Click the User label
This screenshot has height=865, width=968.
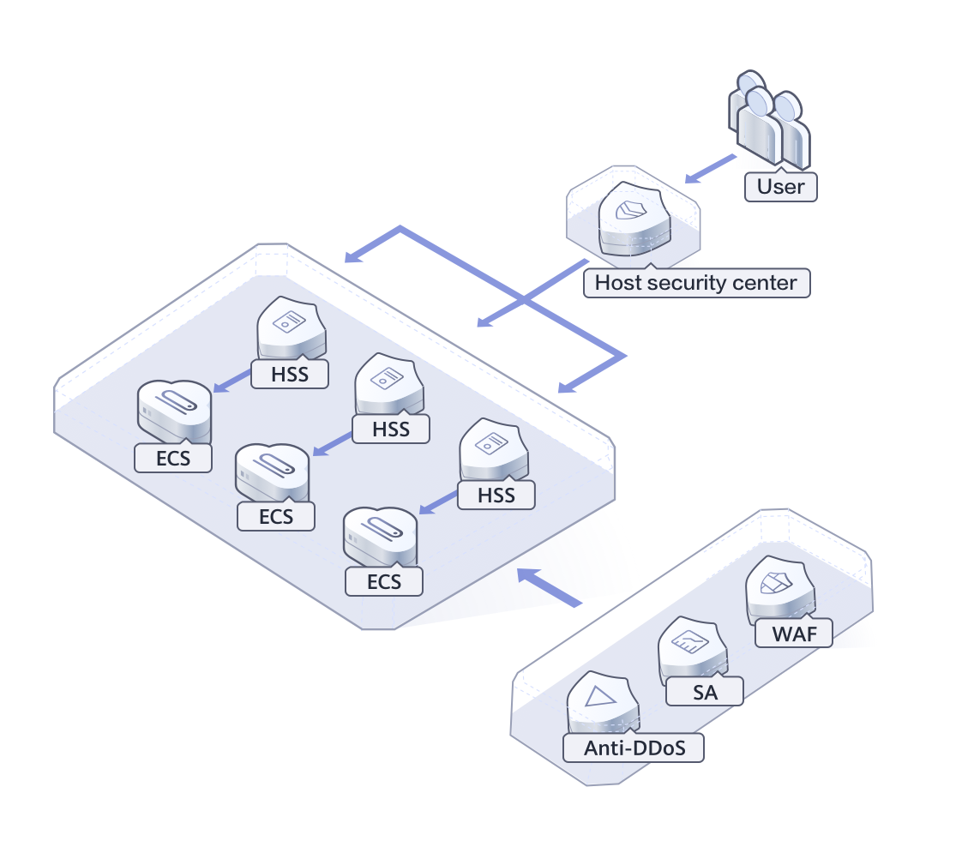[781, 187]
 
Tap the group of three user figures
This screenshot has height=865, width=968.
[769, 118]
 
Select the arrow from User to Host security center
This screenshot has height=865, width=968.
[711, 169]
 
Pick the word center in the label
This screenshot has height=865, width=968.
[762, 283]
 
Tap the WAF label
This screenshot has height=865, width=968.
[793, 634]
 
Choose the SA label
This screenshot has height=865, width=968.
[706, 692]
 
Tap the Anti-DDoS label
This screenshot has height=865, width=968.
[634, 748]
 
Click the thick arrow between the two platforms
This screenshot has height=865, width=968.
[550, 587]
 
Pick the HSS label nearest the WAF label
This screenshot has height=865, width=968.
[496, 495]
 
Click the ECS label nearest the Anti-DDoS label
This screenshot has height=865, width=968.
[384, 581]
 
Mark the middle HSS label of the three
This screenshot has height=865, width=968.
[391, 428]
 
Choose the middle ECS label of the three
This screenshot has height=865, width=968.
[276, 516]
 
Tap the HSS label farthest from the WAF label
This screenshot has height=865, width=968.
[290, 374]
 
